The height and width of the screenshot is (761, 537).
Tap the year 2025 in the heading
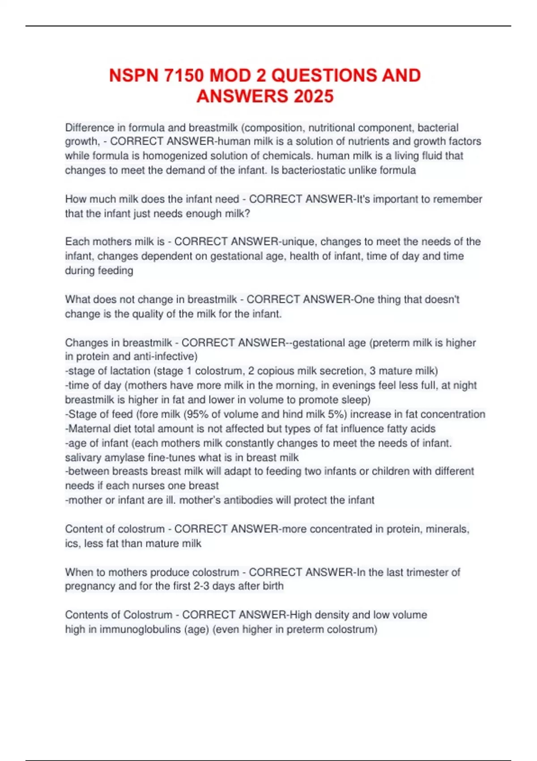click(314, 96)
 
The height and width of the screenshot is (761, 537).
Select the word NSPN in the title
click(134, 75)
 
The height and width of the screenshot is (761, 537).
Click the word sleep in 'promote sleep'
click(356, 400)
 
